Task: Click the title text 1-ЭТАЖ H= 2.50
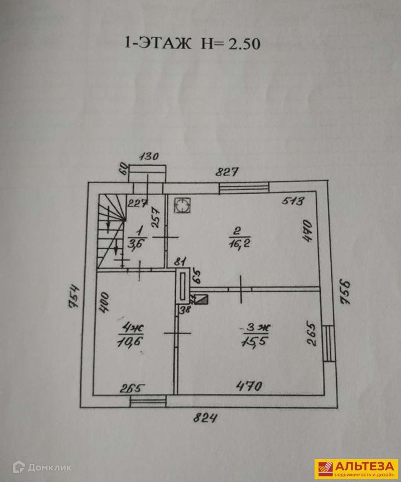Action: click(192, 44)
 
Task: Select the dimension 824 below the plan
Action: click(205, 418)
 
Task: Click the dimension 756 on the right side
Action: click(345, 291)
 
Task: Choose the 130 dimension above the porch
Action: click(149, 156)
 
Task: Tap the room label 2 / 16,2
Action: click(239, 238)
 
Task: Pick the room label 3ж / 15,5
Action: click(255, 335)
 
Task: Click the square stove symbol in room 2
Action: click(182, 205)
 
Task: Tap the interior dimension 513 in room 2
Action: click(293, 201)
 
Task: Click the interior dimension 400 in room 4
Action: click(104, 303)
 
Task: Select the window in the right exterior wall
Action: click(329, 343)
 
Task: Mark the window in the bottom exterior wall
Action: click(148, 401)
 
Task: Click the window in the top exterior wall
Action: click(244, 188)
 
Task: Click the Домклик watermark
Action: click(42, 468)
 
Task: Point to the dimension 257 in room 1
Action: click(156, 218)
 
